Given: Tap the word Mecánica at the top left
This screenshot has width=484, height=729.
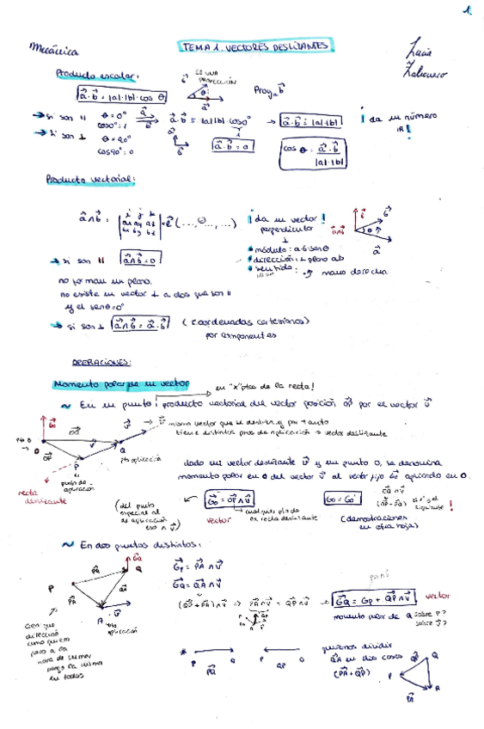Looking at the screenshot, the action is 54,48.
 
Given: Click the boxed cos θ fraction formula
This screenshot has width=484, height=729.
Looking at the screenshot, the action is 312,154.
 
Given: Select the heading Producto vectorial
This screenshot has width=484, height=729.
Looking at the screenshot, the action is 91,179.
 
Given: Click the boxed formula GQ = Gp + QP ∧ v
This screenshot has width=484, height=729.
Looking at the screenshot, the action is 375,599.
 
